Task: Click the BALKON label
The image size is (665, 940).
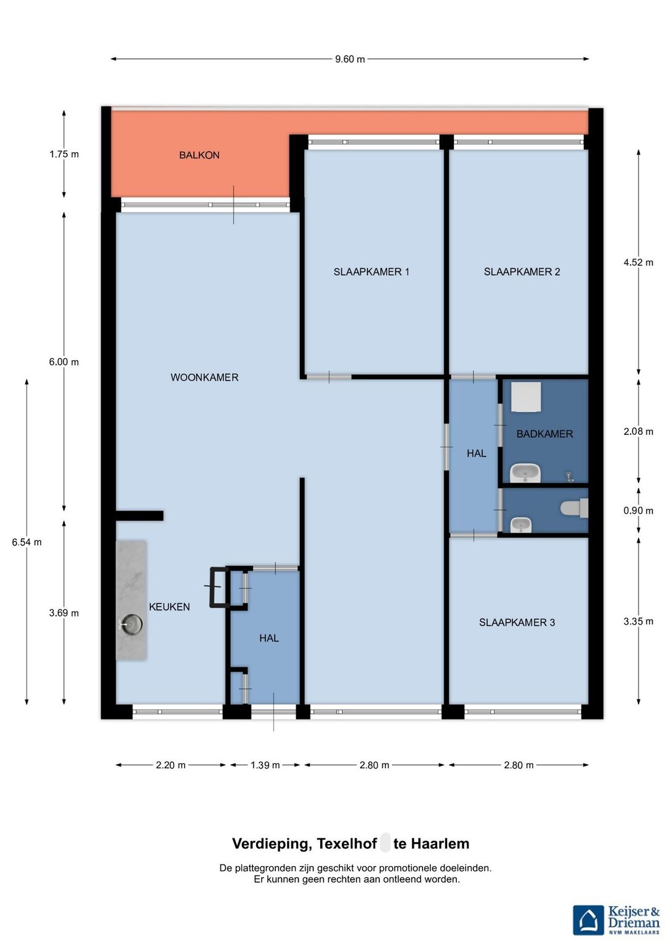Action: click(x=199, y=155)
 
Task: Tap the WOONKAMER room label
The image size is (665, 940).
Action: click(x=204, y=378)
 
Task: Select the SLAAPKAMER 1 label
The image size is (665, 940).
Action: click(x=371, y=272)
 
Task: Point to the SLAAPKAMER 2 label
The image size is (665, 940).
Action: click(x=522, y=272)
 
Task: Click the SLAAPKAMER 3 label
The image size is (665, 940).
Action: click(x=517, y=622)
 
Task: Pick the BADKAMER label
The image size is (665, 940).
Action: click(x=544, y=434)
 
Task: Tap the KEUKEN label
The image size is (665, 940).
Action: click(x=169, y=607)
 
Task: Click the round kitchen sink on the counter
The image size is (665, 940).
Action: click(x=131, y=624)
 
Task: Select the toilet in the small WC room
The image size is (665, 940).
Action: click(x=574, y=508)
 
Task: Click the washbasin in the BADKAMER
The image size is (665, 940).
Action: click(x=525, y=473)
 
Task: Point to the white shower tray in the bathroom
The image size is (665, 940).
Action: click(x=526, y=397)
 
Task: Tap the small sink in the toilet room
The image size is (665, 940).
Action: click(x=521, y=525)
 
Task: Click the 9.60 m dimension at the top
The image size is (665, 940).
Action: click(x=350, y=59)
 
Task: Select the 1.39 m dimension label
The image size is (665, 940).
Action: click(x=265, y=765)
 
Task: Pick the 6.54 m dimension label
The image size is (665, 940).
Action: click(x=27, y=542)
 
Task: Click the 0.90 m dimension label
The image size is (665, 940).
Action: click(x=638, y=511)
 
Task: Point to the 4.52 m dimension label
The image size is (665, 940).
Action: click(x=638, y=262)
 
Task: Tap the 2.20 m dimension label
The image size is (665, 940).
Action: click(x=171, y=765)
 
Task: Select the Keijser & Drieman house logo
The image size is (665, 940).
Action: click(x=589, y=920)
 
